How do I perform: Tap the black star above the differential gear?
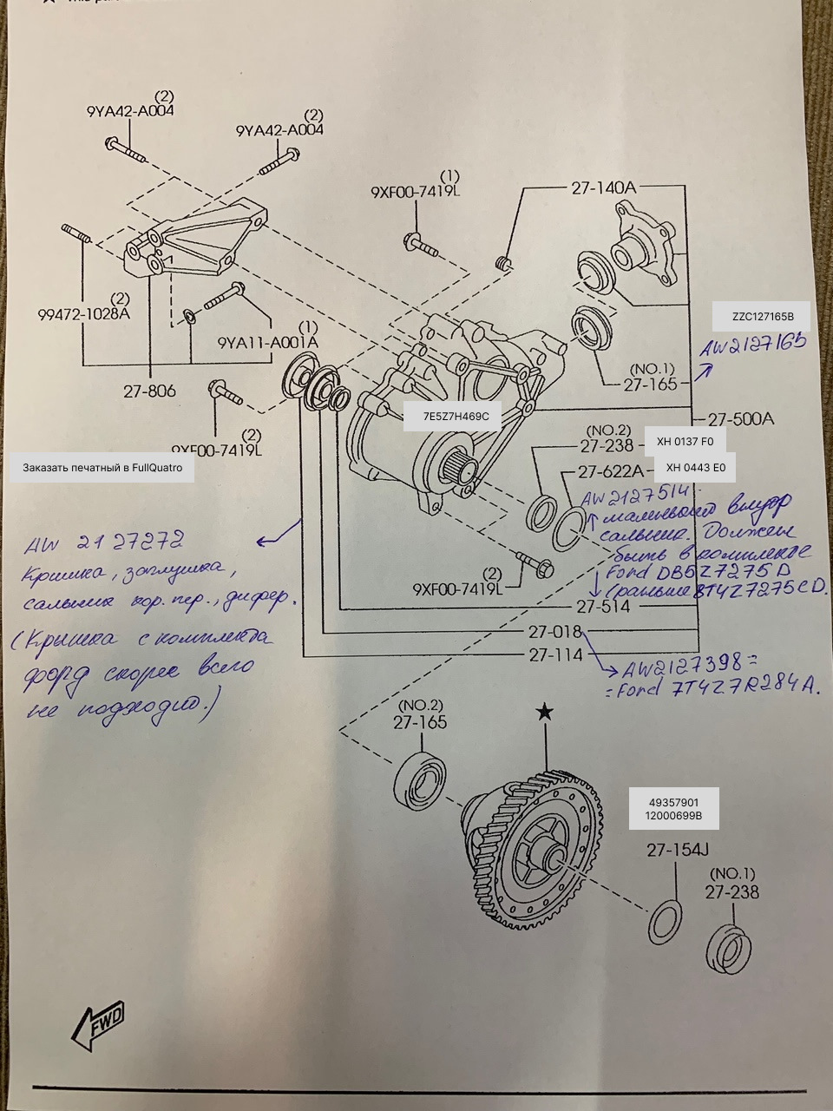tap(544, 713)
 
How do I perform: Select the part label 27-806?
tap(149, 391)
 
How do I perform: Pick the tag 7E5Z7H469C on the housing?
tap(456, 417)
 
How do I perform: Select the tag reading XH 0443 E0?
tap(695, 468)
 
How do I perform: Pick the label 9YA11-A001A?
tap(267, 342)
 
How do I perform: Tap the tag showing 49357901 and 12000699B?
tap(673, 810)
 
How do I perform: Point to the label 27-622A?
tap(611, 471)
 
